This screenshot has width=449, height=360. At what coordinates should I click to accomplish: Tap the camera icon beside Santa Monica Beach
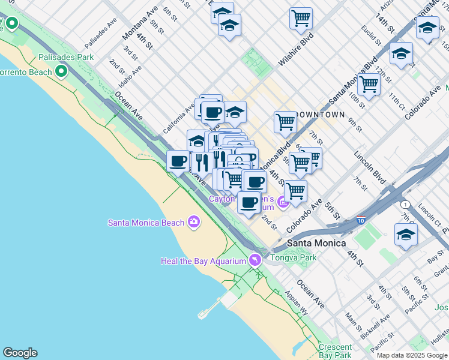click(x=193, y=223)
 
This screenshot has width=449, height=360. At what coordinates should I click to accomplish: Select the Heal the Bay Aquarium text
click(x=203, y=260)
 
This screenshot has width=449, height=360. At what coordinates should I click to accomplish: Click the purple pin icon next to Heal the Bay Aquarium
click(x=256, y=260)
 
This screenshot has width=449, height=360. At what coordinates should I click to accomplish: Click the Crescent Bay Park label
click(x=335, y=351)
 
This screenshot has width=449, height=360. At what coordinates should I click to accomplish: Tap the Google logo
click(x=20, y=353)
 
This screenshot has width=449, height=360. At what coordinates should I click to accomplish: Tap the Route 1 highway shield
click(x=406, y=205)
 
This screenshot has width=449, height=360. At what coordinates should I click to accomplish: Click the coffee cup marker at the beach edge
click(x=178, y=161)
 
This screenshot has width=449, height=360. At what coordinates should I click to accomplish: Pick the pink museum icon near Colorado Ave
click(x=283, y=203)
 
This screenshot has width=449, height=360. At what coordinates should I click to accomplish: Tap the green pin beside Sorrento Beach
click(x=61, y=72)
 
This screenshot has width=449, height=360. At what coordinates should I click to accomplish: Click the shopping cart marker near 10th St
click(x=369, y=84)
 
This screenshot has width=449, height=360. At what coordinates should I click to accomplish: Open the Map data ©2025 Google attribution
click(x=412, y=355)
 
